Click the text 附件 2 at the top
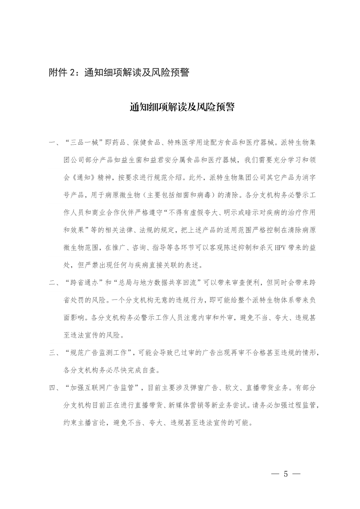pos(61,73)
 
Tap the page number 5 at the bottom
pos(286,474)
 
